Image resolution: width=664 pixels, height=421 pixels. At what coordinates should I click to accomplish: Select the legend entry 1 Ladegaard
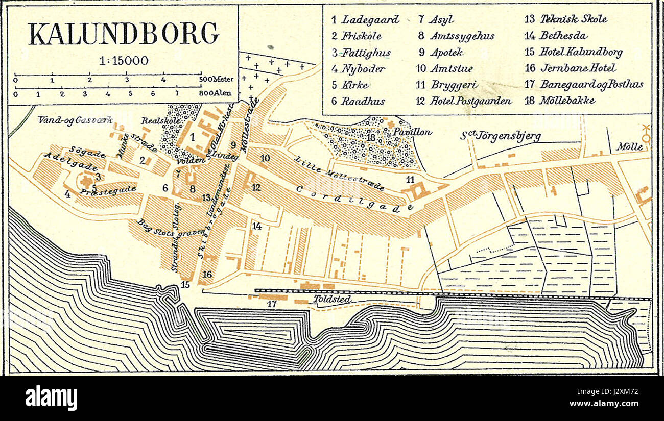pyautogui.click(x=365, y=20)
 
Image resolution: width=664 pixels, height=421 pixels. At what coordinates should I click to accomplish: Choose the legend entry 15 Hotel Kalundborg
pyautogui.click(x=573, y=52)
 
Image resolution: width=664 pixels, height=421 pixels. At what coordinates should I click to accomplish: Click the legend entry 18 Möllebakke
pyautogui.click(x=560, y=100)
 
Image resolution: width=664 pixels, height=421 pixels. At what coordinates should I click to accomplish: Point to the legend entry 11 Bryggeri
pyautogui.click(x=443, y=85)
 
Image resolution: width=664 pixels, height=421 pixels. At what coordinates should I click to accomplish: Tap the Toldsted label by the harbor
pyautogui.click(x=332, y=299)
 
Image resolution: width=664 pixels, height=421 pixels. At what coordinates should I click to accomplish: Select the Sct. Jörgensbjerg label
pyautogui.click(x=500, y=136)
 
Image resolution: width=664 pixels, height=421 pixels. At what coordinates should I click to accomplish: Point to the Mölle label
pyautogui.click(x=629, y=146)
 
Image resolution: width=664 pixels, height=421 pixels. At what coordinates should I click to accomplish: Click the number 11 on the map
pyautogui.click(x=410, y=179)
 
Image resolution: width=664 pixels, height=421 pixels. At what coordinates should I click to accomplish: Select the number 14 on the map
pyautogui.click(x=257, y=226)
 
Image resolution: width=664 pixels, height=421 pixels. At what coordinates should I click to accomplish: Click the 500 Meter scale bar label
pyautogui.click(x=215, y=80)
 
